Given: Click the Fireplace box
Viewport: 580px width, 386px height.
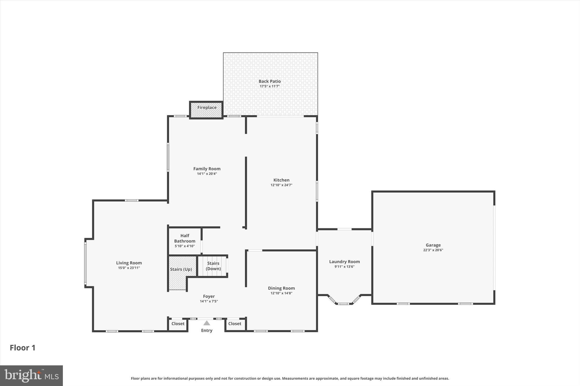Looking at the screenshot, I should [x=206, y=110].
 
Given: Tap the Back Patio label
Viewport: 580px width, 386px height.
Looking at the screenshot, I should [x=270, y=81].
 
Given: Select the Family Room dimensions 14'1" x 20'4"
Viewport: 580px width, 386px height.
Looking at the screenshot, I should [x=207, y=174].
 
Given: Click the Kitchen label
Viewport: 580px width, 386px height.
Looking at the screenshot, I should [x=281, y=180].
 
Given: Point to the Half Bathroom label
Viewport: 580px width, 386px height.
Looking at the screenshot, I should [x=185, y=238].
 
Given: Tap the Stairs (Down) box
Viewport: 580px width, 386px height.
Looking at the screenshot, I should [x=213, y=266].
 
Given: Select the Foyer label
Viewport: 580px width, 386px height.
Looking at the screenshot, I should [x=209, y=296].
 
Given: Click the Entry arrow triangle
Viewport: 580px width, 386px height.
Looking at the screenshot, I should [x=207, y=323].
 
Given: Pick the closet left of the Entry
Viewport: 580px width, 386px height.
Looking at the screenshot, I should [x=178, y=324].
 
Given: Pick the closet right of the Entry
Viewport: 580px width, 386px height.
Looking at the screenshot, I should [x=235, y=324].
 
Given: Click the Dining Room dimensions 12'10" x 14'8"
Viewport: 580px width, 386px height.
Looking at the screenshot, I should [x=281, y=293].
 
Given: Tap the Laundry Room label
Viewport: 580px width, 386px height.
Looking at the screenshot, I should [x=344, y=262].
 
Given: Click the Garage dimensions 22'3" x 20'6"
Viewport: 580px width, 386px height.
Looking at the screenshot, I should [x=433, y=250].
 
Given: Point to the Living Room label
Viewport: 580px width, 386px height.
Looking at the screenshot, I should [x=129, y=263].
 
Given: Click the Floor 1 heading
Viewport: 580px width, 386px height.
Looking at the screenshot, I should [x=23, y=348].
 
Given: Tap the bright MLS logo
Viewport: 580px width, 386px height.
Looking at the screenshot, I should [x=31, y=376].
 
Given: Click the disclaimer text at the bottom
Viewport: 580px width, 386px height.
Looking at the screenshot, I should [x=290, y=378].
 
